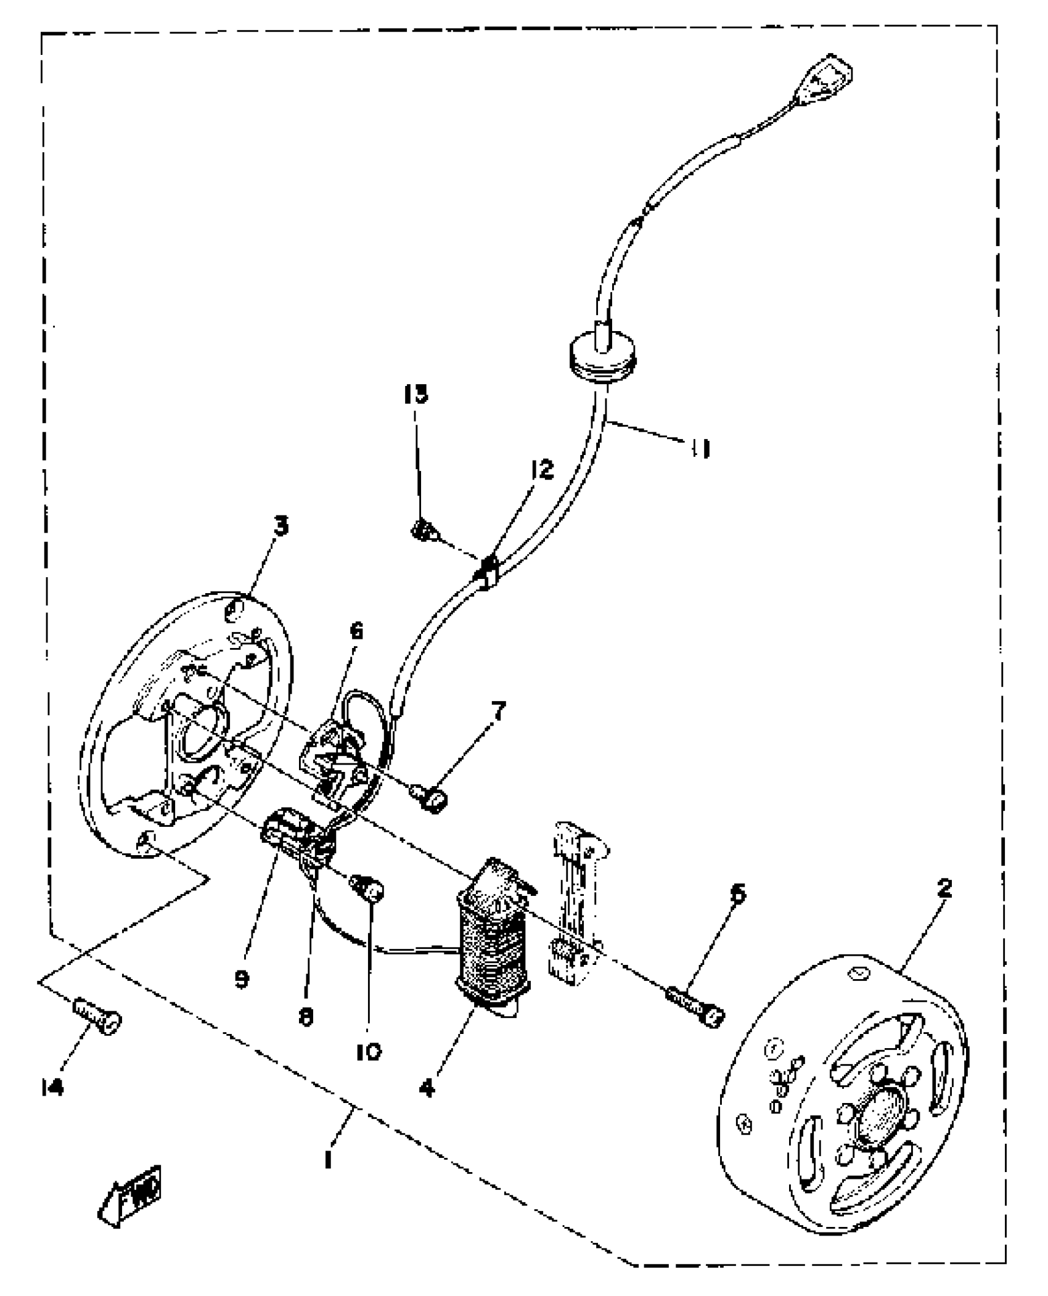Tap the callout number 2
click(944, 889)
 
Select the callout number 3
click(281, 528)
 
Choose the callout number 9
click(242, 979)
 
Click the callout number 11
click(700, 449)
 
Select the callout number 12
click(542, 470)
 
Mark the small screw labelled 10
click(367, 889)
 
